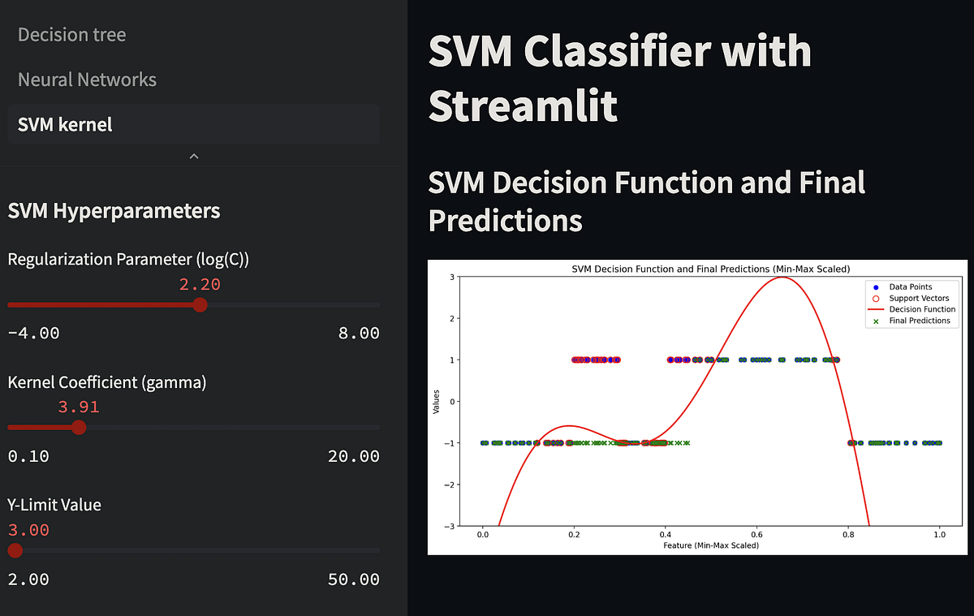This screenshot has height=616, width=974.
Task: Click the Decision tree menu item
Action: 71,35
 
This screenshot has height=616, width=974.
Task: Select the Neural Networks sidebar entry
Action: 87,80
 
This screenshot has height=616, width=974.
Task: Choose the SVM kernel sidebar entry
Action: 65,124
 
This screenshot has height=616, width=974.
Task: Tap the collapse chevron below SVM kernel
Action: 193,156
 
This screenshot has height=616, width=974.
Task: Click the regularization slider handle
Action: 200,304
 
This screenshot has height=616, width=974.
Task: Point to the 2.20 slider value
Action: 200,284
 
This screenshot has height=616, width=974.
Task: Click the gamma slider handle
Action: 79,427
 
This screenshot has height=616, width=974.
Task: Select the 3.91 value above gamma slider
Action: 79,407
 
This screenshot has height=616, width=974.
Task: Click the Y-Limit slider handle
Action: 15,550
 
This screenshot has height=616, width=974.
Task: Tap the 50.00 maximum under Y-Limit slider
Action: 354,579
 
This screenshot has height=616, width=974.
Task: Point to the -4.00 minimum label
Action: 33,333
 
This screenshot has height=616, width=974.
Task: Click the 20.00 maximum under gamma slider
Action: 354,455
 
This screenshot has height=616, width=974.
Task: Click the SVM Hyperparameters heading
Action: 114,211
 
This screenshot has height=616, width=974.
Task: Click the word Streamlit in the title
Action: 523,106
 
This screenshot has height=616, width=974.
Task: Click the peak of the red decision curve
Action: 781,278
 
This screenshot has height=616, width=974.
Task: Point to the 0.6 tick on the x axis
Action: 757,535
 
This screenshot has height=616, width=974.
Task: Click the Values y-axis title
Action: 437,401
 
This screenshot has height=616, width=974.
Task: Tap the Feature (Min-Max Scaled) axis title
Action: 711,545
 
